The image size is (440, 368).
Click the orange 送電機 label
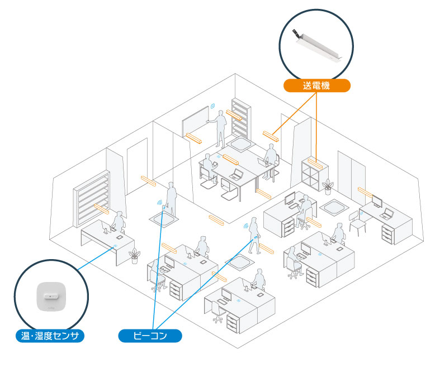pyautogui.click(x=316, y=86)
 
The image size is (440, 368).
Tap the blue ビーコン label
pyautogui.click(x=150, y=336)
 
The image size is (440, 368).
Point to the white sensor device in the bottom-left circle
pyautogui.click(x=51, y=294)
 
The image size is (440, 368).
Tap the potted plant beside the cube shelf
pyautogui.click(x=328, y=185)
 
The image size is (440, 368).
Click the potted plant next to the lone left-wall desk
pyautogui.click(x=134, y=256)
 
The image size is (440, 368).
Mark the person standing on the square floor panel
pyautogui.click(x=171, y=199)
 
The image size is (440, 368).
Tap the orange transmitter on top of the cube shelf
pyautogui.click(x=315, y=164)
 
